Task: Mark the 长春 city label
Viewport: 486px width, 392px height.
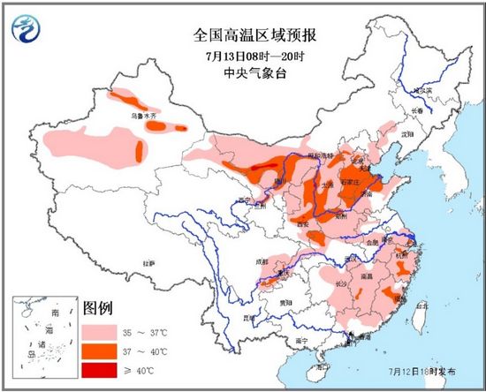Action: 415,109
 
